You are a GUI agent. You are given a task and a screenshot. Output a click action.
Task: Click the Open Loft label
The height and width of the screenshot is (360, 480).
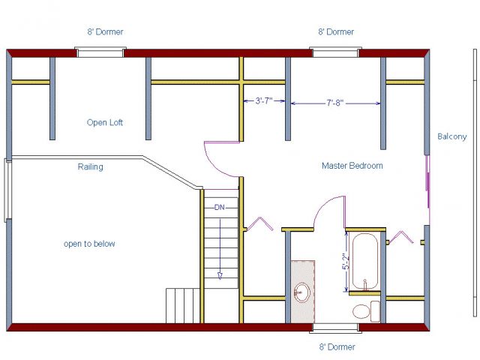coord(105,123)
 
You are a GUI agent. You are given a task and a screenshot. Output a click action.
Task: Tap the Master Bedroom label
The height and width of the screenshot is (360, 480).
coord(352,166)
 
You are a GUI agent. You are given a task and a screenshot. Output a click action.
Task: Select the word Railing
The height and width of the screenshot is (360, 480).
coord(90,166)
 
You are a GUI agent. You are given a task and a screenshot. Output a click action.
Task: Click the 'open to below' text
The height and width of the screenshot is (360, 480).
coord(89,244)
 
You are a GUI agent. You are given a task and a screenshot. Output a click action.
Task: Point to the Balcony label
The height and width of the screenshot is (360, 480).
coord(451,136)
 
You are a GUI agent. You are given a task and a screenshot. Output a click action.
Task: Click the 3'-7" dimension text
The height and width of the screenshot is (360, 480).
coord(264,100)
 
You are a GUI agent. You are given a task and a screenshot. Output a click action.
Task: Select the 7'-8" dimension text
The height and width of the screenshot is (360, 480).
coord(334,103)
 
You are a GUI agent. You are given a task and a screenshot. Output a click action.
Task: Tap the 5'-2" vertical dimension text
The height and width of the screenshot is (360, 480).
coord(346,261)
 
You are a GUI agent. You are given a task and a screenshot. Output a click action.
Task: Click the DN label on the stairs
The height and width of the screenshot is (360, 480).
coord(220,208)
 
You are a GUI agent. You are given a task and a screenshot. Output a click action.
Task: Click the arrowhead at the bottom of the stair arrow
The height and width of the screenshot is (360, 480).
coord(220,276)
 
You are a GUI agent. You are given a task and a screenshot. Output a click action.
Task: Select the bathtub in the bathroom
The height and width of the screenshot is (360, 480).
coord(365,261)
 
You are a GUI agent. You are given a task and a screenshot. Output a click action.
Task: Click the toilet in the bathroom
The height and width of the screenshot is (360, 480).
coord(367,311)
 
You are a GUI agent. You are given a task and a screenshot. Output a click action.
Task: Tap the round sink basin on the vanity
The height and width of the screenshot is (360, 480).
coord(301,292)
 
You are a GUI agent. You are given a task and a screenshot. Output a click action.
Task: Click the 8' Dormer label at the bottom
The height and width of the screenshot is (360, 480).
coord(337,346)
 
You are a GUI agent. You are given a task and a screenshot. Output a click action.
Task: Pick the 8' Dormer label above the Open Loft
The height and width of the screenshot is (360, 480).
coord(105,31)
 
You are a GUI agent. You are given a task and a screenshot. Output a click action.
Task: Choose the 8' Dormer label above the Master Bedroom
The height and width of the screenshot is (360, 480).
coord(336,31)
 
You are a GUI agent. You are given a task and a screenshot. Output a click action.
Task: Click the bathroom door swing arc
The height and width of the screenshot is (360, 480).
coord(325,205)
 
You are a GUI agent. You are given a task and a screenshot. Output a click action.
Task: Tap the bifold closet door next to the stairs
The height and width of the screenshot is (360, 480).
coord(260,223)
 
